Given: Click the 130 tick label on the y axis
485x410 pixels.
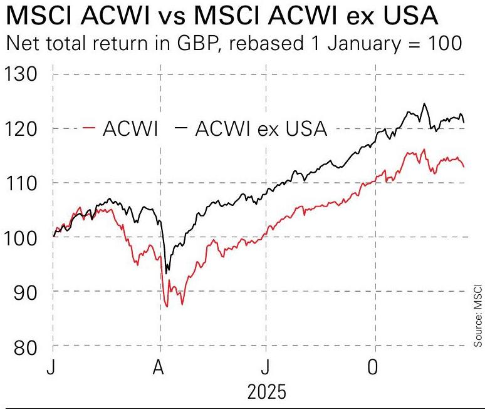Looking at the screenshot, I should tap(21, 74).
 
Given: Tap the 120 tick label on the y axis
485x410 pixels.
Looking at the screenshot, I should tap(21, 129).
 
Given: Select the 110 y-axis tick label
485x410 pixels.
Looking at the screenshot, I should tap(21, 183).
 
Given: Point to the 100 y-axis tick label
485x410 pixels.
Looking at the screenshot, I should tap(21, 237).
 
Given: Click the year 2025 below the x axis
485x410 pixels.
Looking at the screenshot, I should tap(267, 392).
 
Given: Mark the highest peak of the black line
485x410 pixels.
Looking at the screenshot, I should tap(425, 104).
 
